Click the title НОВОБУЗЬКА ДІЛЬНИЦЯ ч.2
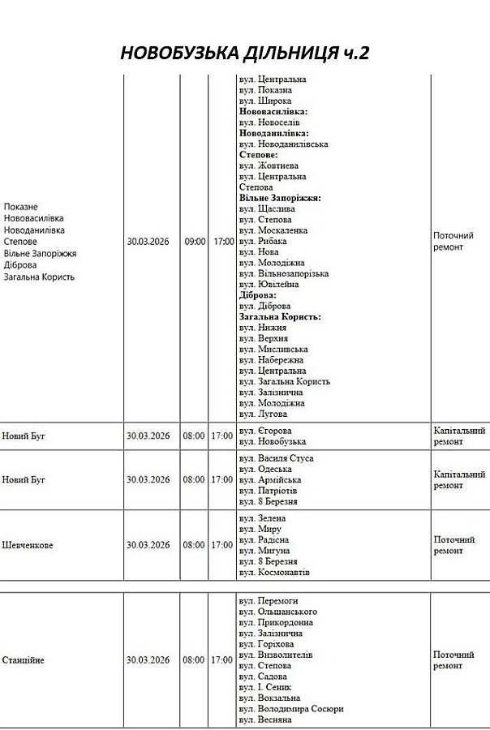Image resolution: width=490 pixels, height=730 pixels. tap(244, 54)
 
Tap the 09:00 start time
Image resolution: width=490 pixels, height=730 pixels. tap(195, 242)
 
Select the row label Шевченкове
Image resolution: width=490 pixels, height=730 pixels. tap(28, 545)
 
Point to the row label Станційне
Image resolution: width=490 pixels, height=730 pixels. tap(24, 660)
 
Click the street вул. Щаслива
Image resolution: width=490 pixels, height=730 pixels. tap(265, 209)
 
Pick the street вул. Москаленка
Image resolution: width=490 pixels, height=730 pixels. tap(273, 230)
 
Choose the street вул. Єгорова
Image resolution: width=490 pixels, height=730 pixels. tap(265, 431)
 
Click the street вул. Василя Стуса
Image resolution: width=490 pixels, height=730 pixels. tap(276, 459)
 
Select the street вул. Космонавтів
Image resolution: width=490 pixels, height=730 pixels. tap(274, 573)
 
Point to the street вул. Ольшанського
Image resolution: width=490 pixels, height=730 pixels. tap(278, 612)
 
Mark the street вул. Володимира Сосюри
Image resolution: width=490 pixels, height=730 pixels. tap(291, 709)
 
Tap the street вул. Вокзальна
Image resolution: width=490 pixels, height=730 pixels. tap(269, 698)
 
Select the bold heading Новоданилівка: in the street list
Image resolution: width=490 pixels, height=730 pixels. tap(273, 133)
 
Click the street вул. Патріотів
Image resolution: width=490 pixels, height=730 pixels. tap(269, 492)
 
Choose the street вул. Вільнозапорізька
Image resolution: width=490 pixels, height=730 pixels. tap(284, 274)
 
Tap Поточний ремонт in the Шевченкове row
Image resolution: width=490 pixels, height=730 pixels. tap(454, 545)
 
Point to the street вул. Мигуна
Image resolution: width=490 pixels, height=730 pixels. tap(264, 551)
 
